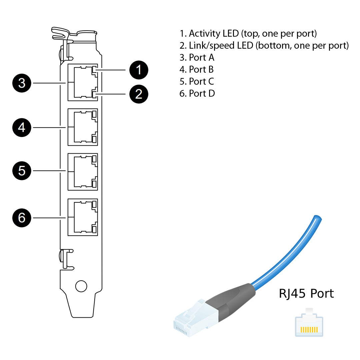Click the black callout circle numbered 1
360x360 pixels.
pos(139,70)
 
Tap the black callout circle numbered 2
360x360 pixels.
pos(139,94)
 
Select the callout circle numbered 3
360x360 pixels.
pos(22,83)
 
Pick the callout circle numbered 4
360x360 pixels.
pos(22,127)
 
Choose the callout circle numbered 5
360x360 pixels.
pos(22,171)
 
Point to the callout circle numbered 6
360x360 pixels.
pos(22,218)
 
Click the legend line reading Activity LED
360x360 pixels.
pos(248,33)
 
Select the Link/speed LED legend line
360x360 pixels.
pos(264,45)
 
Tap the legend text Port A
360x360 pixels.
pos(197,57)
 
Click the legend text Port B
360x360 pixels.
pos(196,69)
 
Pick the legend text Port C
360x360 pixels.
pos(197,81)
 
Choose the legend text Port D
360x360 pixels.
pos(197,93)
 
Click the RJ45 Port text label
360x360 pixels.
pos(306,294)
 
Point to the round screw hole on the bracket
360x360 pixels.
pos(81,286)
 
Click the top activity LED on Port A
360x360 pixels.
pos(94,70)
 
